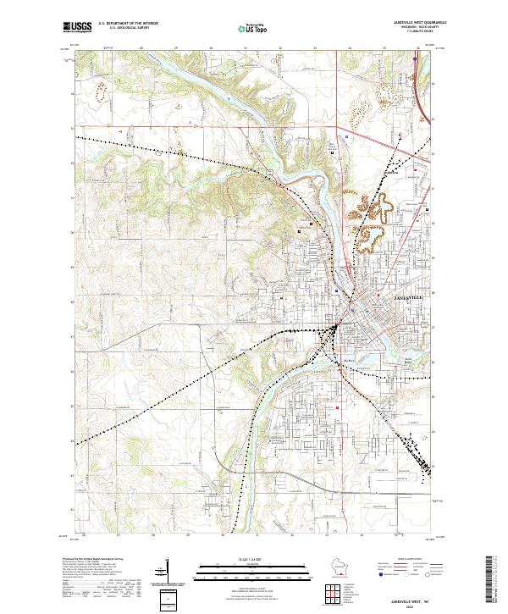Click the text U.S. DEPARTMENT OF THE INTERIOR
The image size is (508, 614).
tap(128, 24)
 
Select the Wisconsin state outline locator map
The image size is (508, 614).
tap(343, 567)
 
